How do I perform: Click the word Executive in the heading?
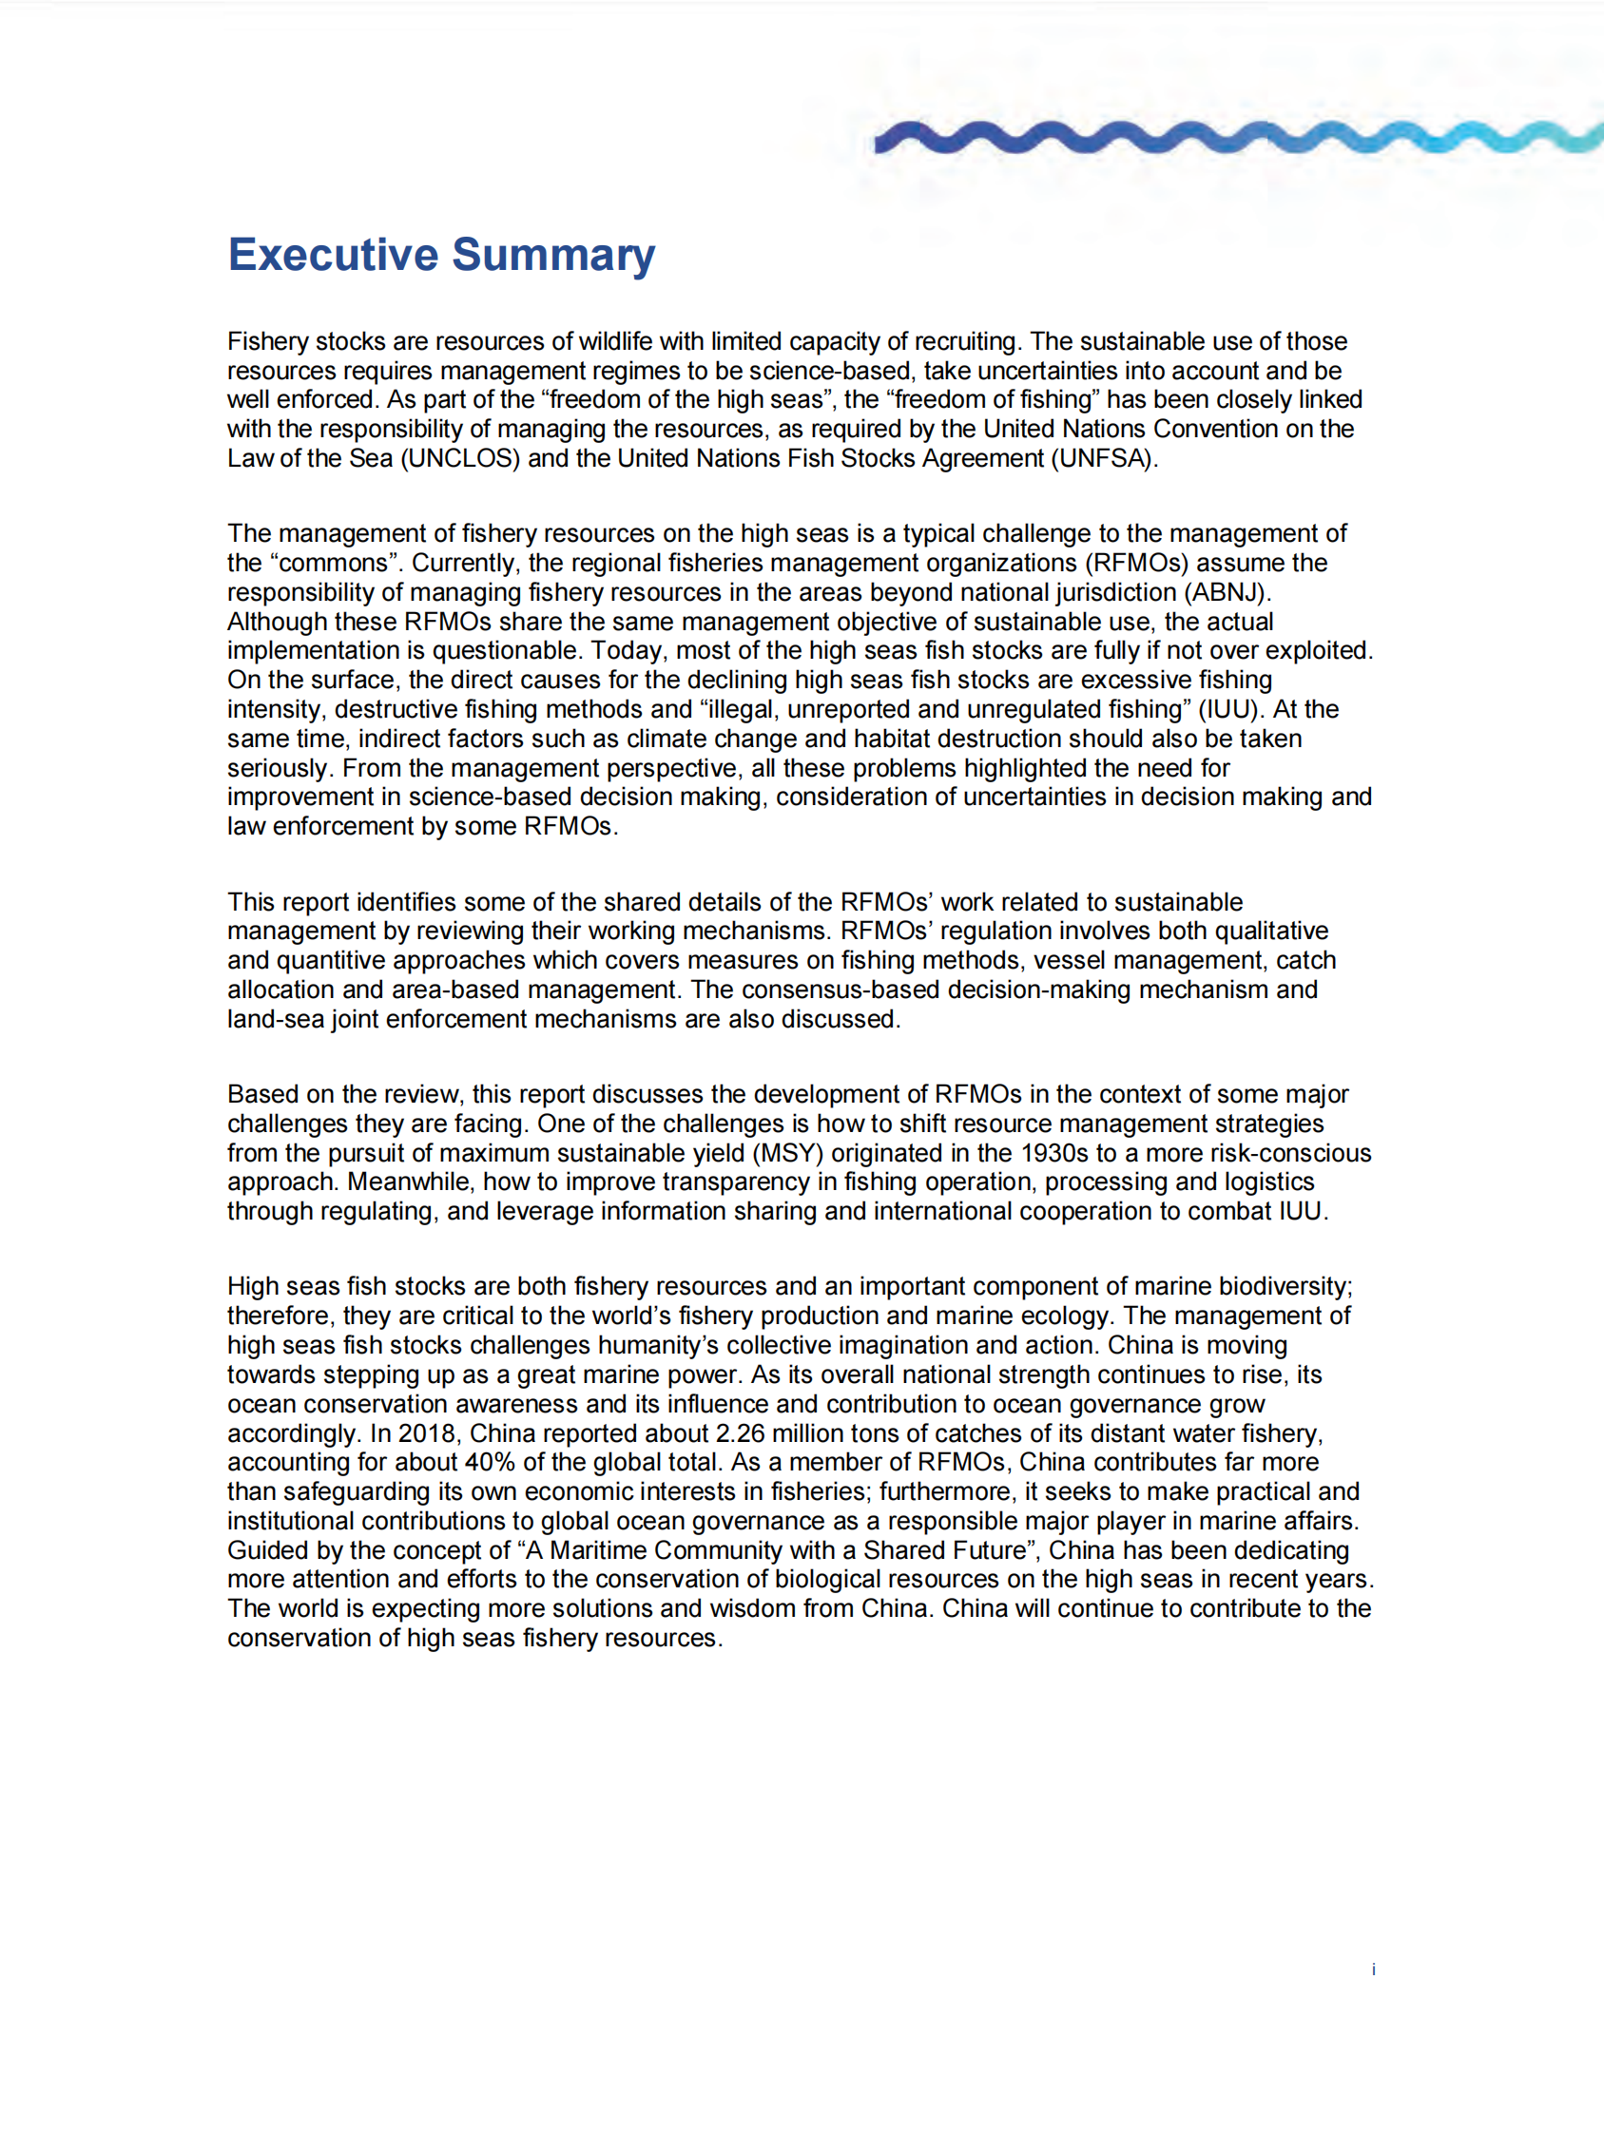(x=333, y=255)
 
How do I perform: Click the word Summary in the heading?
(x=553, y=255)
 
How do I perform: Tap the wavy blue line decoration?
(x=1234, y=137)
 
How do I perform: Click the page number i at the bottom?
(x=1373, y=1970)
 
